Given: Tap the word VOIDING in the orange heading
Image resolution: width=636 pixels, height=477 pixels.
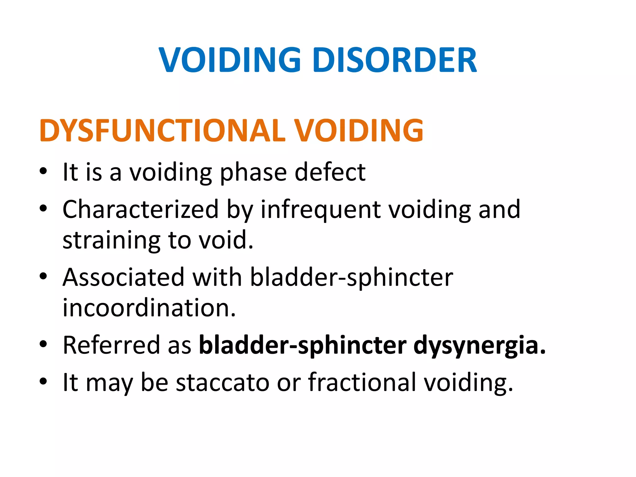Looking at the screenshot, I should tap(359, 130).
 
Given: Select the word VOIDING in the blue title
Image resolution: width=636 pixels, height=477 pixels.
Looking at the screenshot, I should tap(230, 60).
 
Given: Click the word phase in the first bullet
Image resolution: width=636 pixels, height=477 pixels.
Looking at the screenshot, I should tap(253, 173).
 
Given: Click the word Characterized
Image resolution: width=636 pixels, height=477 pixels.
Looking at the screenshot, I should tap(140, 209).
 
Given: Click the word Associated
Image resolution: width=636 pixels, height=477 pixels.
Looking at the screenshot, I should tap(124, 277).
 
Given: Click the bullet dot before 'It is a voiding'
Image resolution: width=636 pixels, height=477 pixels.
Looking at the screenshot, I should tap(43, 171).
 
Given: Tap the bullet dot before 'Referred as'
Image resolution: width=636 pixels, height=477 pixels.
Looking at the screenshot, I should tap(43, 344).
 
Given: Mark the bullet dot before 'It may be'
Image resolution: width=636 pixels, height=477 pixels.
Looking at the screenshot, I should tap(43, 381).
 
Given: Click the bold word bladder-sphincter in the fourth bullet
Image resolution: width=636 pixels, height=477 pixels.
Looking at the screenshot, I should tap(302, 345).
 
